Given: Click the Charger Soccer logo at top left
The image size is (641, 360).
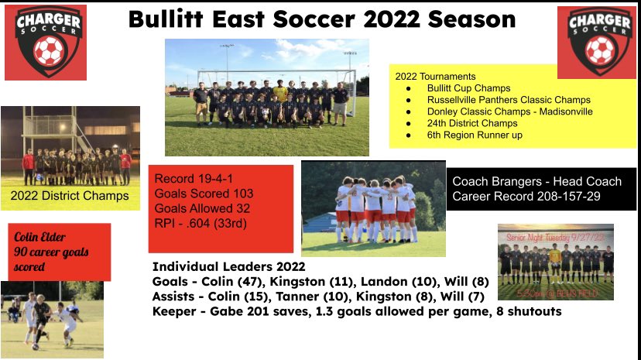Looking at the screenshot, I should pos(45,43).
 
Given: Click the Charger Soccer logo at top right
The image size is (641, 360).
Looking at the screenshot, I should pos(596,43).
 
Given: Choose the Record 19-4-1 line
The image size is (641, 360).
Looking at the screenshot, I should pos(194,179).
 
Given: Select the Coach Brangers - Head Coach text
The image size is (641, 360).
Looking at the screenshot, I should pos(536,181).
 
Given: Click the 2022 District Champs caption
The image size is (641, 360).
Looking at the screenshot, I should pos(70,196).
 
